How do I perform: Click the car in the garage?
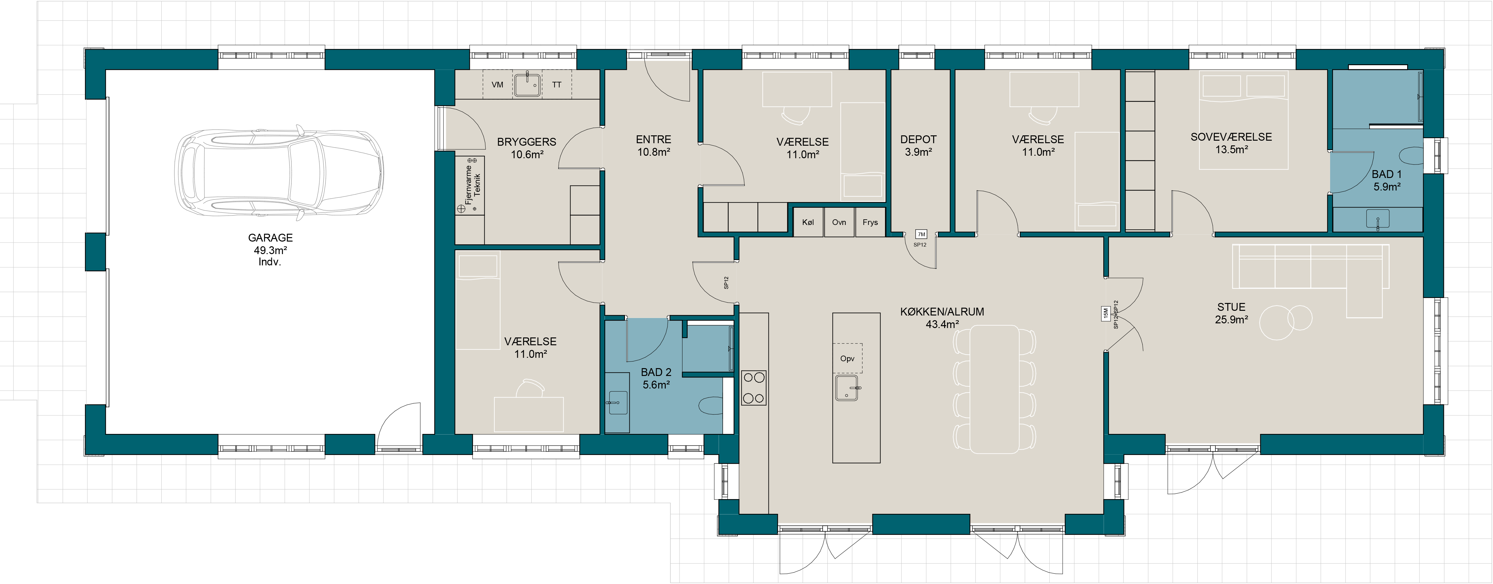click(279, 173)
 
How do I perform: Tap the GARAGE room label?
click(270, 238)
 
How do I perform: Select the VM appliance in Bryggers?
click(497, 85)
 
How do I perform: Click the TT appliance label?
click(556, 85)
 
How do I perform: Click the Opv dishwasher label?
click(847, 358)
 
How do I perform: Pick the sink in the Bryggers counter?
click(528, 85)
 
